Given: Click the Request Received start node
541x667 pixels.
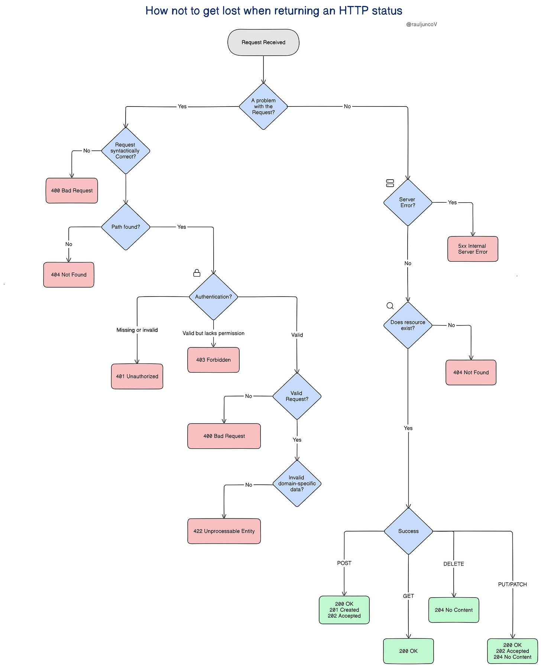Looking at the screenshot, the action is [263, 42].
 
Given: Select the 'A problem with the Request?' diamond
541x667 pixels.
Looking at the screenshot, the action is [263, 107].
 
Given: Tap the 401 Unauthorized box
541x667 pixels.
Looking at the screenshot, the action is [137, 376].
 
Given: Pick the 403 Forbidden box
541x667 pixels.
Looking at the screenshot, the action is [213, 360].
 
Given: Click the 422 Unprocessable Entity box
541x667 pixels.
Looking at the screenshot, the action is [224, 531].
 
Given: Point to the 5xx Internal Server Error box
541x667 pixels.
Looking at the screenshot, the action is [473, 249].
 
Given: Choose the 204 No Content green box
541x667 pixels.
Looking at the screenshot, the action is [454, 610].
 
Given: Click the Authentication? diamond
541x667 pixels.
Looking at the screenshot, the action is [213, 297].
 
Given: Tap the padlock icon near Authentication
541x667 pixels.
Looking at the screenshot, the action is [197, 273].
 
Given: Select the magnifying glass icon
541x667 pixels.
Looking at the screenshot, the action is [390, 306].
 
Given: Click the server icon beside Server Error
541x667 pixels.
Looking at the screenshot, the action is [390, 183].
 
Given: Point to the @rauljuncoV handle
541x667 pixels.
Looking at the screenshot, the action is [421, 24].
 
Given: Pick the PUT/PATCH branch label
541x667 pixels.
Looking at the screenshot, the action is [512, 584].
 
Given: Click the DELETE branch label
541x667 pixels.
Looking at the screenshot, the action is [454, 564].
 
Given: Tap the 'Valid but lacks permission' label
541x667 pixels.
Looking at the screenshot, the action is [214, 333].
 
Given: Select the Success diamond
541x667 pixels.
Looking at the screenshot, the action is [408, 531].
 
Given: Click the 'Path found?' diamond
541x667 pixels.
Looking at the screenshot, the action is [126, 227].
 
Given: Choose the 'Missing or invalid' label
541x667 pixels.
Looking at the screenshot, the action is [137, 330].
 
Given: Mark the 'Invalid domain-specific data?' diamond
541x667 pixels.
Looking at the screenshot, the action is [297, 484].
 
